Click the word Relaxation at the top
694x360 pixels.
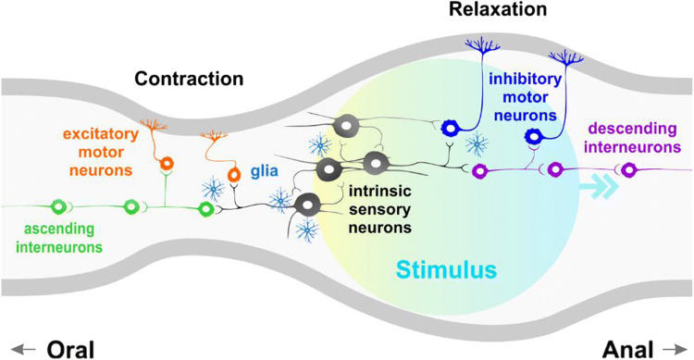tap(501, 10)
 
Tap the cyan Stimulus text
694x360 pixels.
tap(448, 270)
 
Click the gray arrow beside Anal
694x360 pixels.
tap(670, 348)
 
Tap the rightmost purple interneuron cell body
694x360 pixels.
tap(629, 170)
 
